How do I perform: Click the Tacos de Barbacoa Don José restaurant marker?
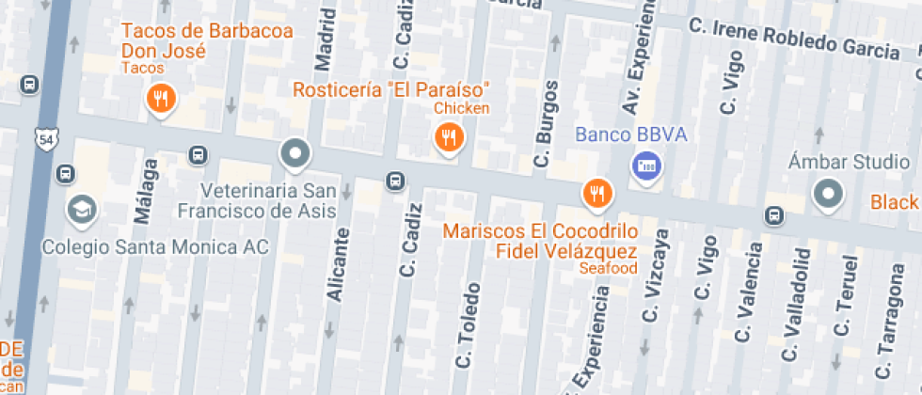[162, 99]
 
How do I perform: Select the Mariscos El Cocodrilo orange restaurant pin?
[596, 193]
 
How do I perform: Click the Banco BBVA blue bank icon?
[646, 167]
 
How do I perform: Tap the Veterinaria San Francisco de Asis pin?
[295, 152]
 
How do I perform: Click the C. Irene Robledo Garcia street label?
[794, 38]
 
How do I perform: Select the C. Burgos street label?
[547, 124]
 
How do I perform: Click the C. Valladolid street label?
[795, 304]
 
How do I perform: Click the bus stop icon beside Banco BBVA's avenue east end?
[773, 215]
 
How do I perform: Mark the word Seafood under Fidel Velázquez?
[608, 268]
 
